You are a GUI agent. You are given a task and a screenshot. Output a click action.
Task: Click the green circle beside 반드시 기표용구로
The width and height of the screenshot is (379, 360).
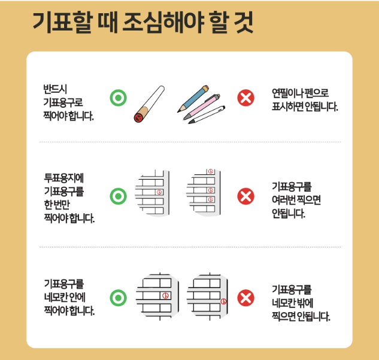point(119,97)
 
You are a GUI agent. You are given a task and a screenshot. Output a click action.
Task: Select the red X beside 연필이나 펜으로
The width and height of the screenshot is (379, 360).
point(245,97)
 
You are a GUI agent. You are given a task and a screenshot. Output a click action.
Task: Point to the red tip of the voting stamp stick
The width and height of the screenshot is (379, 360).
point(138,117)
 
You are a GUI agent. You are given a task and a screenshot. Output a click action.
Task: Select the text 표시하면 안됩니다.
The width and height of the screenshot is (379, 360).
point(305,108)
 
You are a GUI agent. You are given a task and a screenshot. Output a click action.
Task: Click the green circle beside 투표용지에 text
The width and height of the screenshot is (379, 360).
point(119,196)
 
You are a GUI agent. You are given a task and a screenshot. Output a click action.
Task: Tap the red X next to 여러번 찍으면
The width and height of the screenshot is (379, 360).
point(245,196)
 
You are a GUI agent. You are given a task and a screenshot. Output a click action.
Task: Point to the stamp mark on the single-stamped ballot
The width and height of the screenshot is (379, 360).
point(159,192)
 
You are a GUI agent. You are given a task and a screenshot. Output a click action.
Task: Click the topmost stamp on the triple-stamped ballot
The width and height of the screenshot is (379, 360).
point(210,172)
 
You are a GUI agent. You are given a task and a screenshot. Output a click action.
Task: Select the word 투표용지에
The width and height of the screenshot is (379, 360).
point(63,178)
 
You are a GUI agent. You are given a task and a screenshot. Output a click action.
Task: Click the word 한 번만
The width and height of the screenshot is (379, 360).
point(58,204)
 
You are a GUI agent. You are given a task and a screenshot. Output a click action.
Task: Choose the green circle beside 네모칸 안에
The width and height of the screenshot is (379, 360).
point(119,298)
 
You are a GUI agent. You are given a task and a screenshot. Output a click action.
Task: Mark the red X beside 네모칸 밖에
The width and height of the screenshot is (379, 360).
point(245,298)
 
